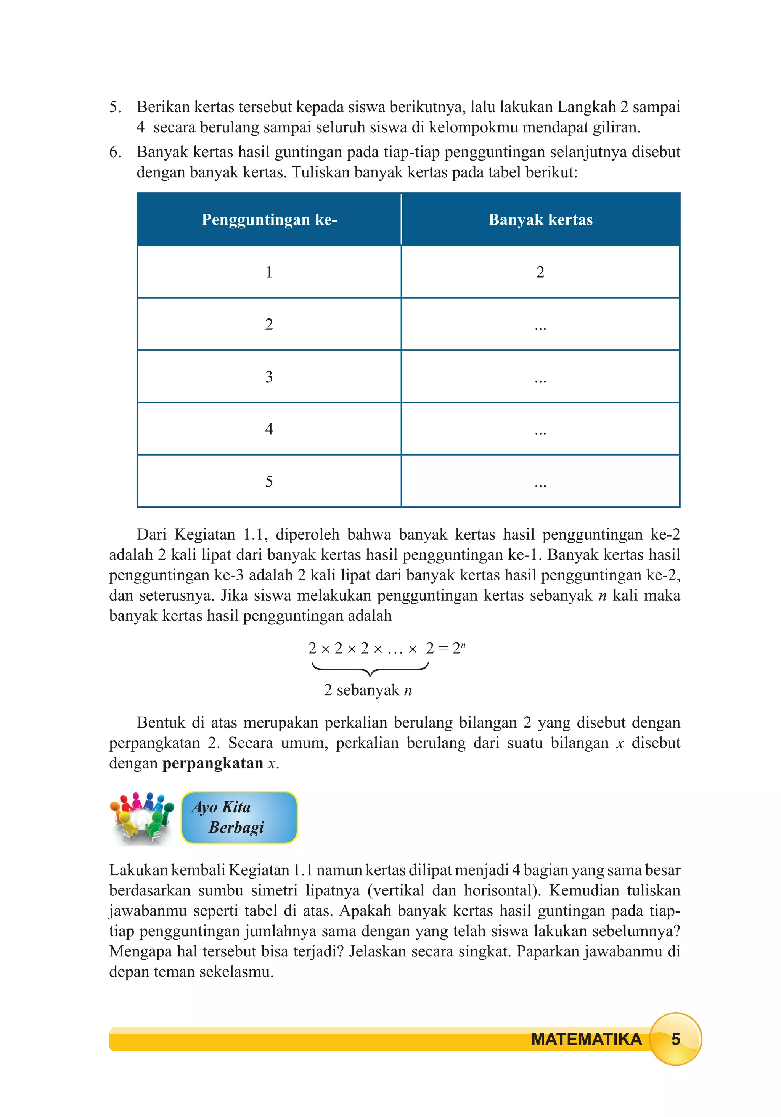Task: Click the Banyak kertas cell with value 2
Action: [540, 272]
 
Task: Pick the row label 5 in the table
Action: [269, 482]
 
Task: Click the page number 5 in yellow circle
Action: [675, 1039]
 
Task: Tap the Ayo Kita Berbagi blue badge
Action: [239, 817]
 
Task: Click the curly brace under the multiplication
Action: [370, 669]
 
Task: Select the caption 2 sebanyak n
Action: [368, 690]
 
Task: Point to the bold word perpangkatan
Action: [213, 763]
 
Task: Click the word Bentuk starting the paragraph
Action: [160, 722]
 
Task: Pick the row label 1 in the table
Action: [269, 272]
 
